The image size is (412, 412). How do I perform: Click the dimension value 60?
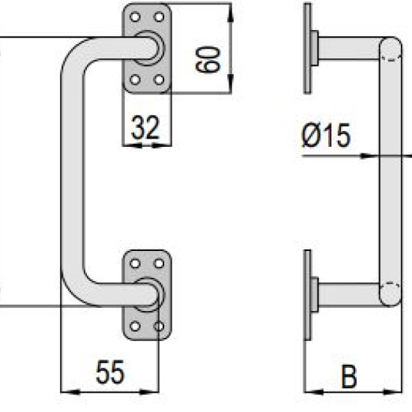[x=207, y=59]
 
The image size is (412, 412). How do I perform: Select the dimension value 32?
[x=145, y=127]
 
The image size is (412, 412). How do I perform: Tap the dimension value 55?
[x=110, y=372]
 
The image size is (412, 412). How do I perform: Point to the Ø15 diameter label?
[x=326, y=136]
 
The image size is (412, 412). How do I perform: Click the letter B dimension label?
[x=349, y=376]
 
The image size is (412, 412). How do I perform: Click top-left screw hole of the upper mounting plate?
[x=135, y=17]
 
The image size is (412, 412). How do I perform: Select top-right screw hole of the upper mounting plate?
[x=159, y=17]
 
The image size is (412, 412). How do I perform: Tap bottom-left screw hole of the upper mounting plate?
[x=135, y=79]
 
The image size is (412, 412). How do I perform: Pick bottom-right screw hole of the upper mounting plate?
[x=159, y=79]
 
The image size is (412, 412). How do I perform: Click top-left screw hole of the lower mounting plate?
[x=135, y=263]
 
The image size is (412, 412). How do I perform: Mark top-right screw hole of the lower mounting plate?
[x=159, y=263]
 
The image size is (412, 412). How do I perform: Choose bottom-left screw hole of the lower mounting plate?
[x=135, y=327]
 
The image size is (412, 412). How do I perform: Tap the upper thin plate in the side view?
[x=307, y=49]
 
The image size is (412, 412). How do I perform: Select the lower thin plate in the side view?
[x=307, y=295]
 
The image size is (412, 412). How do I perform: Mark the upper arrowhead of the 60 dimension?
[x=231, y=13]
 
